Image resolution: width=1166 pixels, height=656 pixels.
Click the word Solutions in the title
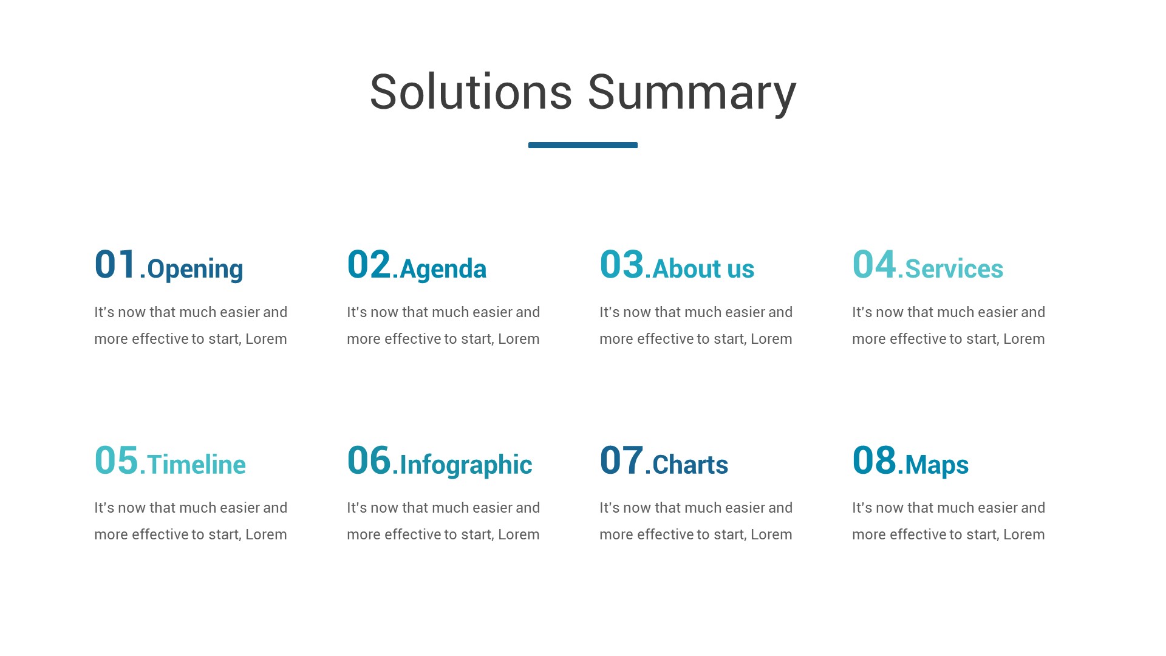pos(471,92)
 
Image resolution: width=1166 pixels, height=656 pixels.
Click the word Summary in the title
pos(692,92)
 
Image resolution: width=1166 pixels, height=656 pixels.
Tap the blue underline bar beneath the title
pos(582,145)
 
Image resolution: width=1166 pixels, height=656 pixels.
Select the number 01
pos(115,265)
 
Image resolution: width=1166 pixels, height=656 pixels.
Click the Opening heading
pos(195,269)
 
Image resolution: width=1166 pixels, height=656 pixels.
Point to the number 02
pos(369,265)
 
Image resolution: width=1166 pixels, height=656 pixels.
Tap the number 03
pos(621,265)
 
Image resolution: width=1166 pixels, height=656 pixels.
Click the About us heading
pos(703,269)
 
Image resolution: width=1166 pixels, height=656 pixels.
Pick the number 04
pos(874,265)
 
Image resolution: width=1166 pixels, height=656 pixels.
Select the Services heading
pos(954,269)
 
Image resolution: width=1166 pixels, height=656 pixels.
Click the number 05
pos(116,460)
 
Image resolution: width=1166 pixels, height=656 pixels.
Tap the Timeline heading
pos(196,465)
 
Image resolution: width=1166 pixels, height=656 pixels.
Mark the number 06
pos(369,460)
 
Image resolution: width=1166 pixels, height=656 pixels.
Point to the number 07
pos(621,460)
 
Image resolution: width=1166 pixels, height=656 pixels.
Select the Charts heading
pos(690,465)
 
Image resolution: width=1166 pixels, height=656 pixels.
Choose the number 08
pos(874,460)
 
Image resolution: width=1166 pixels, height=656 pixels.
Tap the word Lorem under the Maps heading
pos(1024,535)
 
